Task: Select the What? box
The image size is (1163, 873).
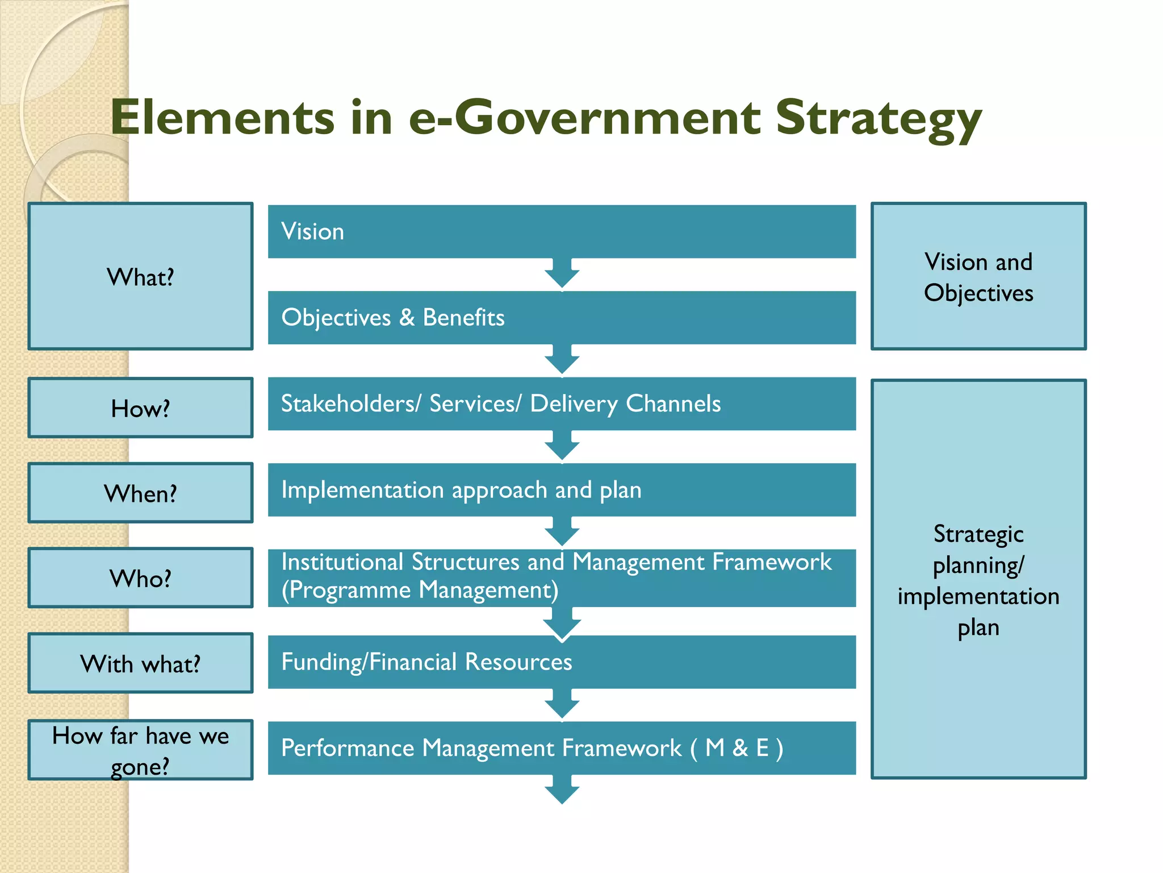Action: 140,276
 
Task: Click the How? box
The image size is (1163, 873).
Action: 140,408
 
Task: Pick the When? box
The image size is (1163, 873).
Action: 140,493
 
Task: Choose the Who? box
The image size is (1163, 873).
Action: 140,578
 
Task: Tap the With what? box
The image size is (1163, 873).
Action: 140,663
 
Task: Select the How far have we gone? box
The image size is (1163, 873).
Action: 140,750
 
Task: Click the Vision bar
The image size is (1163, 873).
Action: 561,232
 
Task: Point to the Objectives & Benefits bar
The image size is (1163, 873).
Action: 561,318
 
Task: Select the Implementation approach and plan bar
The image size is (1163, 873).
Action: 561,490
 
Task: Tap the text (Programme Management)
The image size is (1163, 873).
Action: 420,590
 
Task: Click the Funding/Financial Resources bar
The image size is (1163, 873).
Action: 561,662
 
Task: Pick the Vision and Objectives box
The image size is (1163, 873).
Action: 978,277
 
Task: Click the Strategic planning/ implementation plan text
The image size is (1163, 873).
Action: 978,580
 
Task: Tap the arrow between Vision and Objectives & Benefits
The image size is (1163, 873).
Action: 562,274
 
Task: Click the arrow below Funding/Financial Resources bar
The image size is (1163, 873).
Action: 562,705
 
